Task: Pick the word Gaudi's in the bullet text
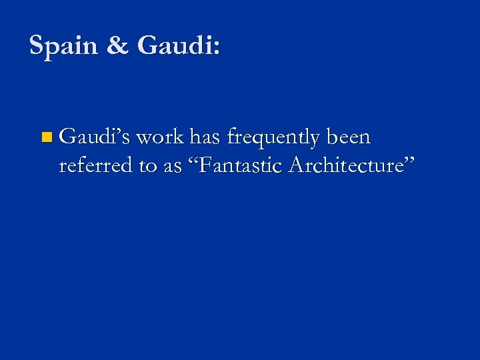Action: tap(95, 138)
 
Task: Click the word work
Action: tap(160, 138)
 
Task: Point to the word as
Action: tap(172, 167)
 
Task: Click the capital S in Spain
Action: tap(37, 46)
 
